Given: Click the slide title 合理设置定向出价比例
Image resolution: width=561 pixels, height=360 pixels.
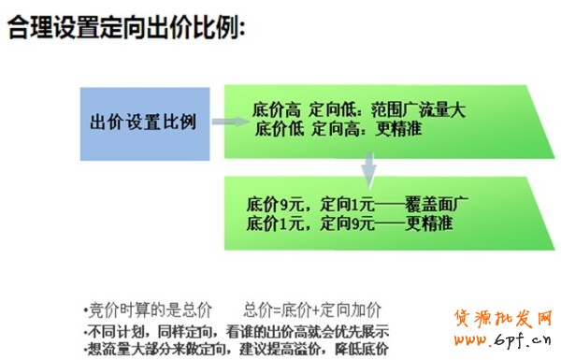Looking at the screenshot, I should click(126, 29).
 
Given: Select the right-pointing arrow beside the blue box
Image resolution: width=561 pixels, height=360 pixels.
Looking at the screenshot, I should click(226, 122).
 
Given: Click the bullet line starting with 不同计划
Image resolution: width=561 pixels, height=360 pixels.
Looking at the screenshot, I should click(237, 331).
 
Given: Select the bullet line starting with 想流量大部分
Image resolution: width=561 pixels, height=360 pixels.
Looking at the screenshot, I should click(237, 350).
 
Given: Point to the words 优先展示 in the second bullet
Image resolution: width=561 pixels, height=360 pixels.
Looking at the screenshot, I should click(360, 331).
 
